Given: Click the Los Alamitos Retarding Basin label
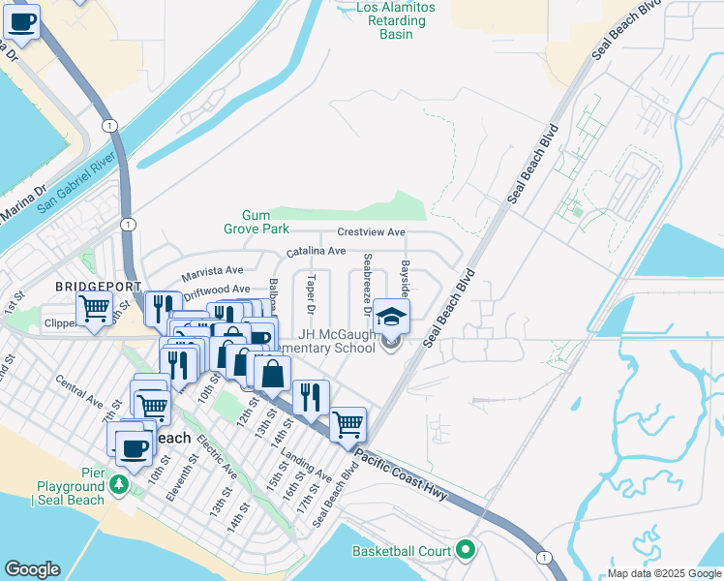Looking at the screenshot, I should (396, 20).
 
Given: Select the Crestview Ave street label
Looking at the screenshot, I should (371, 232).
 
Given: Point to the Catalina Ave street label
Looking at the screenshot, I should (316, 251).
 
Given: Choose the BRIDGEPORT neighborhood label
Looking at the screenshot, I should (99, 287).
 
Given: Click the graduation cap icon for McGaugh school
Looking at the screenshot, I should (391, 317).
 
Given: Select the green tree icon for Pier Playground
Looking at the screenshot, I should (119, 483).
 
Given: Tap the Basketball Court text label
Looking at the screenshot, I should (402, 551).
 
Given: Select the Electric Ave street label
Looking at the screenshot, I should (217, 455).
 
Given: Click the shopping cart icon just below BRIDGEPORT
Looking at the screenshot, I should (94, 309).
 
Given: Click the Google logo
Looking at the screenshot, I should (33, 569).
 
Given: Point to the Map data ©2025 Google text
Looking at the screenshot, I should (663, 573).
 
